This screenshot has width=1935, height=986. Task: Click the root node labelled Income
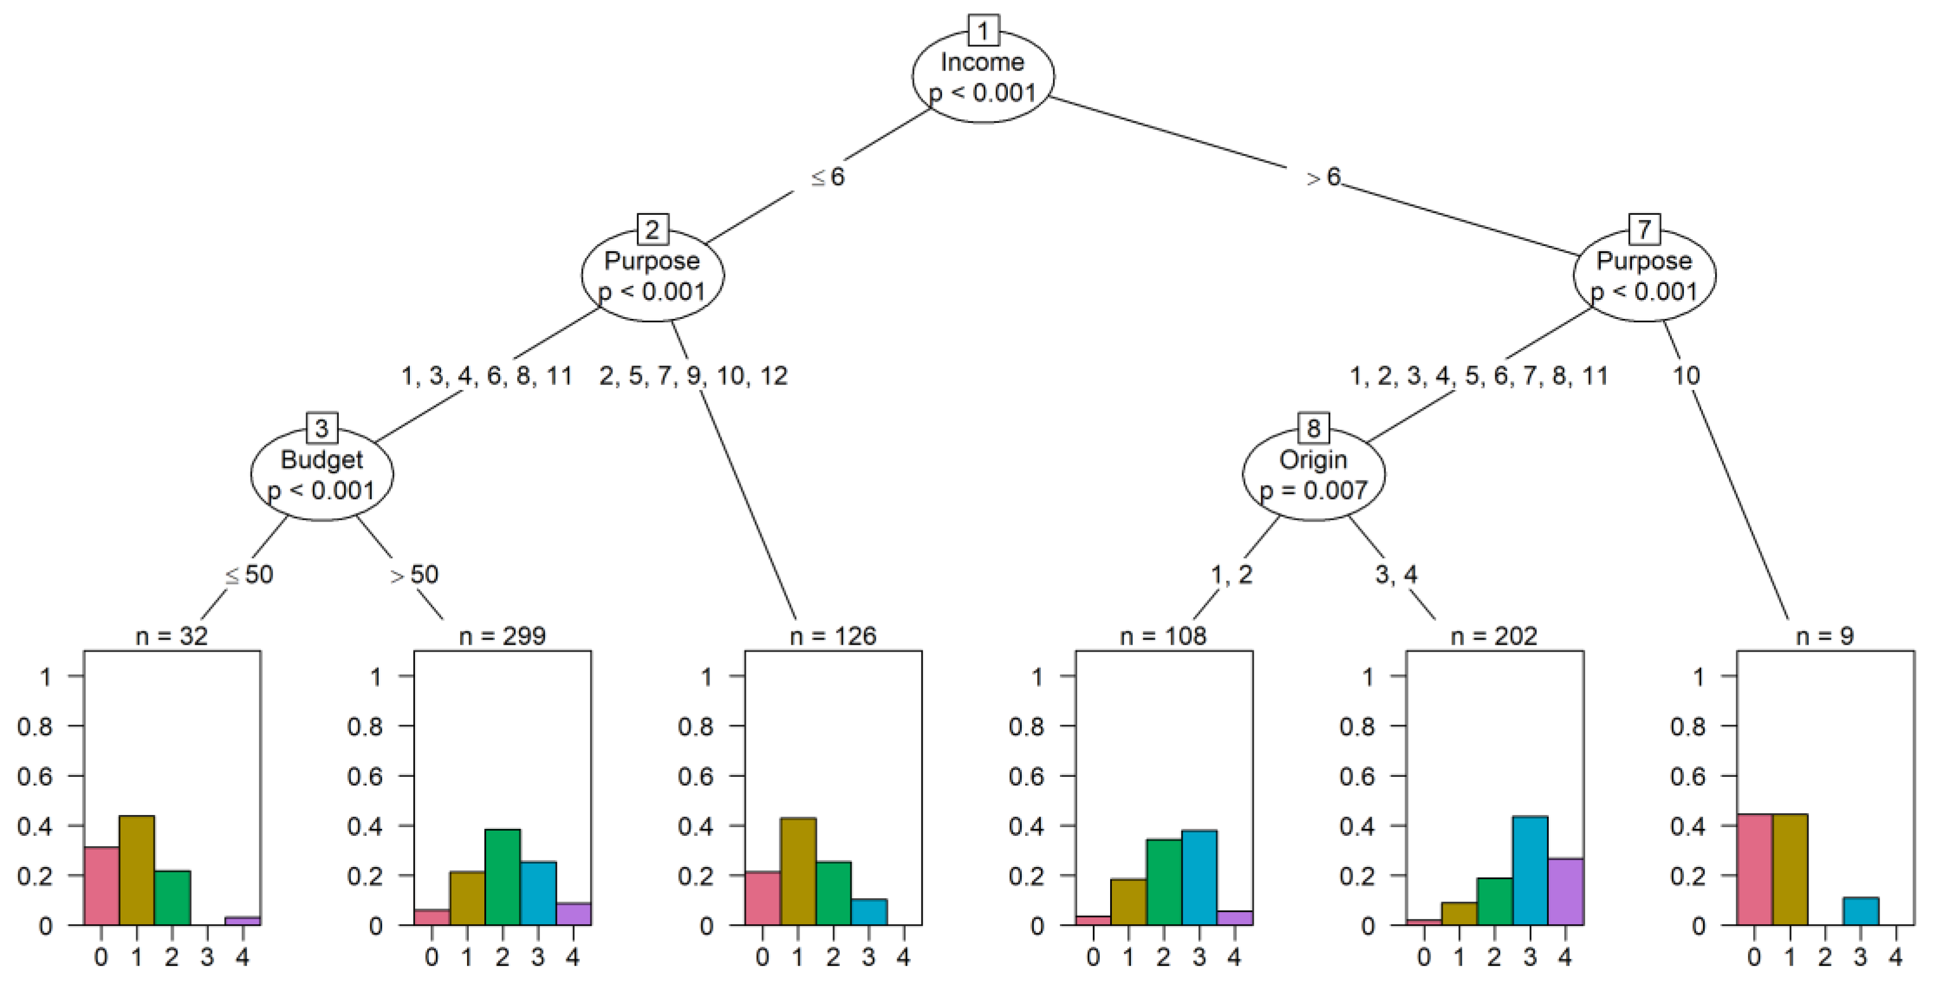pos(983,77)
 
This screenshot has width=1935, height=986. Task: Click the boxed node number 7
pos(1643,229)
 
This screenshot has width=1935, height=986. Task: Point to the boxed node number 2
pos(652,229)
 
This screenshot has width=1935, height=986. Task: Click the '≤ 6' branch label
pos(828,177)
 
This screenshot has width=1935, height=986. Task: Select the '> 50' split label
pos(414,575)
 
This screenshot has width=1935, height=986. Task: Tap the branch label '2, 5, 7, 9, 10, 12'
pos(693,376)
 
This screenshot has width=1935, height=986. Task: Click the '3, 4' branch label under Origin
pos(1396,575)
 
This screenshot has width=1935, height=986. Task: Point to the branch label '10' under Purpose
pos(1686,376)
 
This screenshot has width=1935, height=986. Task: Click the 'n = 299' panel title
pos(502,637)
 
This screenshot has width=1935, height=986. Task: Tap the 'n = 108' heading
pos(1163,637)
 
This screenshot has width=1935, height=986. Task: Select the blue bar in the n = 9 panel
pos(1861,911)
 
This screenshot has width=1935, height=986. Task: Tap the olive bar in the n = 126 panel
pos(798,871)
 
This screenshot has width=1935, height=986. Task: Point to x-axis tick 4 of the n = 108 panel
pos(1234,958)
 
